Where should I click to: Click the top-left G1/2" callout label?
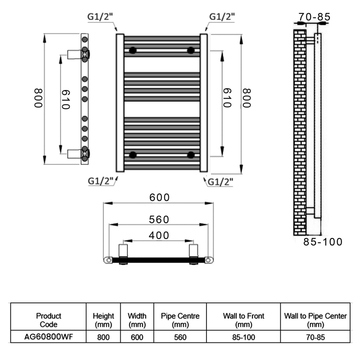tap(100, 17)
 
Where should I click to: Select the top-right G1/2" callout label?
tap(222, 17)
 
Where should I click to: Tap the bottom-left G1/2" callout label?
tap(101, 181)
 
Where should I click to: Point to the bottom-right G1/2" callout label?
tap(220, 182)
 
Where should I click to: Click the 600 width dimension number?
tap(159, 198)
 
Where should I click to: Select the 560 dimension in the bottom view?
tap(159, 220)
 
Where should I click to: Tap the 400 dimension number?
tap(159, 235)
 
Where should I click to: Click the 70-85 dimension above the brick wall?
tap(314, 17)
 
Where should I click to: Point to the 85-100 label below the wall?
tap(323, 242)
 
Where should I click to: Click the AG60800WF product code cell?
tap(49, 337)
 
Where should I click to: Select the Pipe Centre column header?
tap(180, 320)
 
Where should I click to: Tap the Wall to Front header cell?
tap(243, 320)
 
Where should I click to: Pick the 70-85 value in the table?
tap(315, 337)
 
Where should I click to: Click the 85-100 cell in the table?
tap(243, 337)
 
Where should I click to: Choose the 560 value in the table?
tap(180, 337)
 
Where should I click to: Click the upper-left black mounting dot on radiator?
tap(133, 50)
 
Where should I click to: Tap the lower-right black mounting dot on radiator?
tap(191, 155)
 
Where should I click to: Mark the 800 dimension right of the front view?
tap(247, 98)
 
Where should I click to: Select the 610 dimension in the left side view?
tap(65, 99)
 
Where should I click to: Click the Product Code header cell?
tap(49, 320)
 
